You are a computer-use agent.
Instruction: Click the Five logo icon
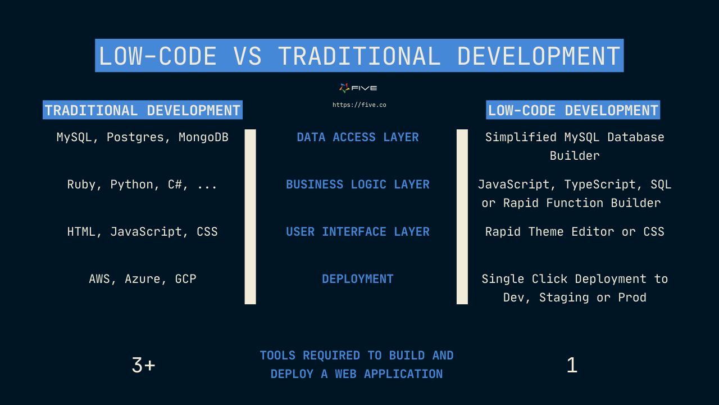344,88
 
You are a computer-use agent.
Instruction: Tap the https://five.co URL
359,105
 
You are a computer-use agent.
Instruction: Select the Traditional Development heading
143,110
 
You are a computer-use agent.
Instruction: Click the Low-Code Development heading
573,110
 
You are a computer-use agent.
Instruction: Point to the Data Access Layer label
358,137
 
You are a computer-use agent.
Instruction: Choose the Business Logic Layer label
358,184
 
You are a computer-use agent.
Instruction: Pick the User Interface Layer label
358,232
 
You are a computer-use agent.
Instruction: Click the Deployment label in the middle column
358,279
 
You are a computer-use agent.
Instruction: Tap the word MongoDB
203,137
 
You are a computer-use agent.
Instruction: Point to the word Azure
143,279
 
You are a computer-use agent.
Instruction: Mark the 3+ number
143,366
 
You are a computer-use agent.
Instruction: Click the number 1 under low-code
572,366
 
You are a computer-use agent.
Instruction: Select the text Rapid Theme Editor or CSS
575,232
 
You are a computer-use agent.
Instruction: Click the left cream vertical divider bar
250,217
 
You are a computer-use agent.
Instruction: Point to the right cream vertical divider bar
462,217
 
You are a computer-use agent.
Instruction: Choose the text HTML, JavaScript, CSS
143,232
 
